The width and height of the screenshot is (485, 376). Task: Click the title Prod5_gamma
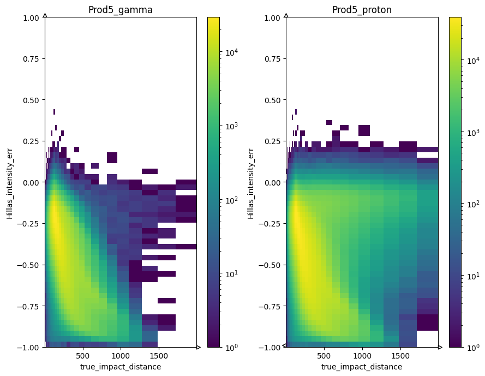pyautogui.click(x=120, y=10)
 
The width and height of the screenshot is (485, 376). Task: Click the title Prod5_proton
pyautogui.click(x=362, y=10)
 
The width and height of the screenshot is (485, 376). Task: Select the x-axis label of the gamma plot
pyautogui.click(x=120, y=367)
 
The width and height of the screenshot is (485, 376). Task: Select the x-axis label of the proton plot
pyautogui.click(x=362, y=367)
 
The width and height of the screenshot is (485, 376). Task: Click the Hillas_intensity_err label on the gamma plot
pyautogui.click(x=10, y=183)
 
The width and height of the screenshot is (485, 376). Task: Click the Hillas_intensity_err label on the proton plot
pyautogui.click(x=251, y=183)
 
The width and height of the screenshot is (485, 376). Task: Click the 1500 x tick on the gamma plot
pyautogui.click(x=158, y=355)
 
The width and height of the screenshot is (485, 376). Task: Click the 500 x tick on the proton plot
pyautogui.click(x=324, y=355)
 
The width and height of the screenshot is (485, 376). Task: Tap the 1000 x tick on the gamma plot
pyautogui.click(x=120, y=355)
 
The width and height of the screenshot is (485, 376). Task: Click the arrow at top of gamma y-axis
pyautogui.click(x=44, y=15)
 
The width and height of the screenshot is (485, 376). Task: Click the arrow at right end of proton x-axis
pyautogui.click(x=440, y=347)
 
